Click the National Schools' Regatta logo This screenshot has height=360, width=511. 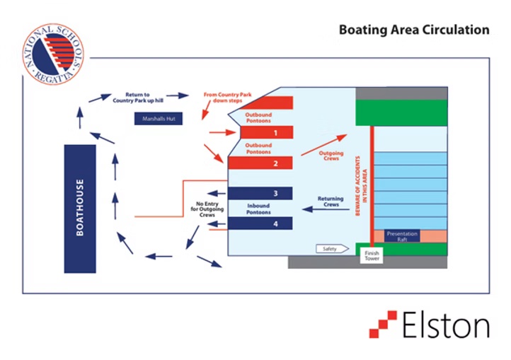[52, 53]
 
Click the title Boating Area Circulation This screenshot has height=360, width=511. [413, 30]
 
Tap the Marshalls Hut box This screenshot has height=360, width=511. [159, 119]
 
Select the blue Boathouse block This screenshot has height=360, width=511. [79, 209]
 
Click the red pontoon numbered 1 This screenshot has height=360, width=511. [260, 132]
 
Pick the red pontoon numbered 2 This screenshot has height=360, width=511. [260, 163]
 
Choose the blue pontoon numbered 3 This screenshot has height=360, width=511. [260, 193]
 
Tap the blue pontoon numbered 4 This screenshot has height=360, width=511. [260, 224]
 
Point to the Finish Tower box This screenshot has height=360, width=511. [372, 255]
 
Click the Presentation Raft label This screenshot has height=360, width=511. [402, 236]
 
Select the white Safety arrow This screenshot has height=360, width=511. [333, 248]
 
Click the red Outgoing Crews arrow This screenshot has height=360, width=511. [324, 144]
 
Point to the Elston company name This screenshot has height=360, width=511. [446, 326]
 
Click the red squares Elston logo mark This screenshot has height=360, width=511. [383, 324]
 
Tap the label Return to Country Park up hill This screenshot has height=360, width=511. [137, 98]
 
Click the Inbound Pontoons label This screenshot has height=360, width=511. [258, 209]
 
